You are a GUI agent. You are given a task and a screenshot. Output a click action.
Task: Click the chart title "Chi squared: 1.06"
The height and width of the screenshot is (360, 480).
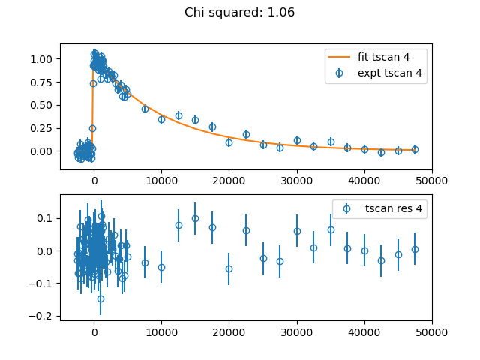tap(240, 13)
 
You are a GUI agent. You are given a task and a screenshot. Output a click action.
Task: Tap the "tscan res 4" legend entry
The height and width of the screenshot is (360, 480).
tap(382, 208)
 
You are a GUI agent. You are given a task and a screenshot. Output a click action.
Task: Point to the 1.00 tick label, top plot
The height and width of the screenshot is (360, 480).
tap(41, 59)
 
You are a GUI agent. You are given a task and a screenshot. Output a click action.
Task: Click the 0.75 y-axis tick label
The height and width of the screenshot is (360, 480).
tap(41, 82)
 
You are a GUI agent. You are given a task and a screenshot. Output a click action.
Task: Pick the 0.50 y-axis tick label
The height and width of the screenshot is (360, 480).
tap(41, 105)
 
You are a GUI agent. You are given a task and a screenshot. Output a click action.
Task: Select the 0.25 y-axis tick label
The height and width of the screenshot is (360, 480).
tap(41, 128)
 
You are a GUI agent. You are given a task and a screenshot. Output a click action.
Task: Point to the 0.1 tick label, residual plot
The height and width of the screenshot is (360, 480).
tap(45, 218)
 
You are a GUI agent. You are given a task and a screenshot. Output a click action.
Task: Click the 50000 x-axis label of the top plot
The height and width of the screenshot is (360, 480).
tap(432, 181)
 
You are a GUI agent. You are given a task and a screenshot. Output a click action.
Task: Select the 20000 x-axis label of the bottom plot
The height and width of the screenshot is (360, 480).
tap(229, 332)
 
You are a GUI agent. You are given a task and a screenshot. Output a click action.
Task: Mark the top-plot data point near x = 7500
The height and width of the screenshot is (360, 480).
tap(145, 109)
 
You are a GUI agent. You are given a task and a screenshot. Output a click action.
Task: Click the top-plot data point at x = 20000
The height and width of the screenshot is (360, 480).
tap(229, 142)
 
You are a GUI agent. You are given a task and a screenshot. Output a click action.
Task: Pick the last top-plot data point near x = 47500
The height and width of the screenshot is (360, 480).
tap(415, 150)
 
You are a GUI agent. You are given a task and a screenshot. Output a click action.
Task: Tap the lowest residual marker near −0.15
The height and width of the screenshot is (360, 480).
tap(100, 298)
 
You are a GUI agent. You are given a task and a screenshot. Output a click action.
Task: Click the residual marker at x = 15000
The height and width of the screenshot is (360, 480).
tap(195, 218)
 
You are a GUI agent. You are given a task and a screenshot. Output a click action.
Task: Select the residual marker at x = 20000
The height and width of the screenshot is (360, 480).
tap(229, 268)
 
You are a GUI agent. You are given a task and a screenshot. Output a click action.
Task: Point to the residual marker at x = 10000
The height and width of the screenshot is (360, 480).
tap(162, 267)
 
